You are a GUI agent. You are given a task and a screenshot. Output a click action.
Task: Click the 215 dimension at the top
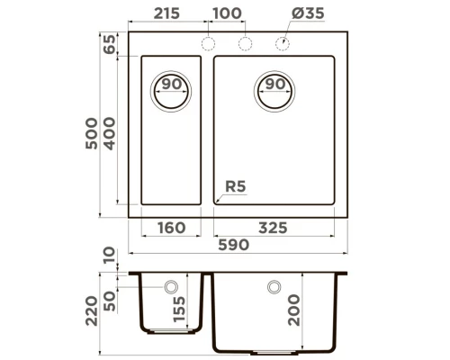[x=168, y=15]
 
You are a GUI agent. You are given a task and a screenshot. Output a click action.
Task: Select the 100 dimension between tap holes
[x=227, y=15]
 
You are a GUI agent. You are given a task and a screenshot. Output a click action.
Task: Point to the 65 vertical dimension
[x=110, y=44]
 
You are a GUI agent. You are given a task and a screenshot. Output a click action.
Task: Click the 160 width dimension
[x=172, y=229]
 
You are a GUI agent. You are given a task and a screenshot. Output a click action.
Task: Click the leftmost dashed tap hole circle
[x=210, y=44]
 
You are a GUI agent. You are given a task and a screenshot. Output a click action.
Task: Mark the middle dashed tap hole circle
[x=244, y=44]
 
